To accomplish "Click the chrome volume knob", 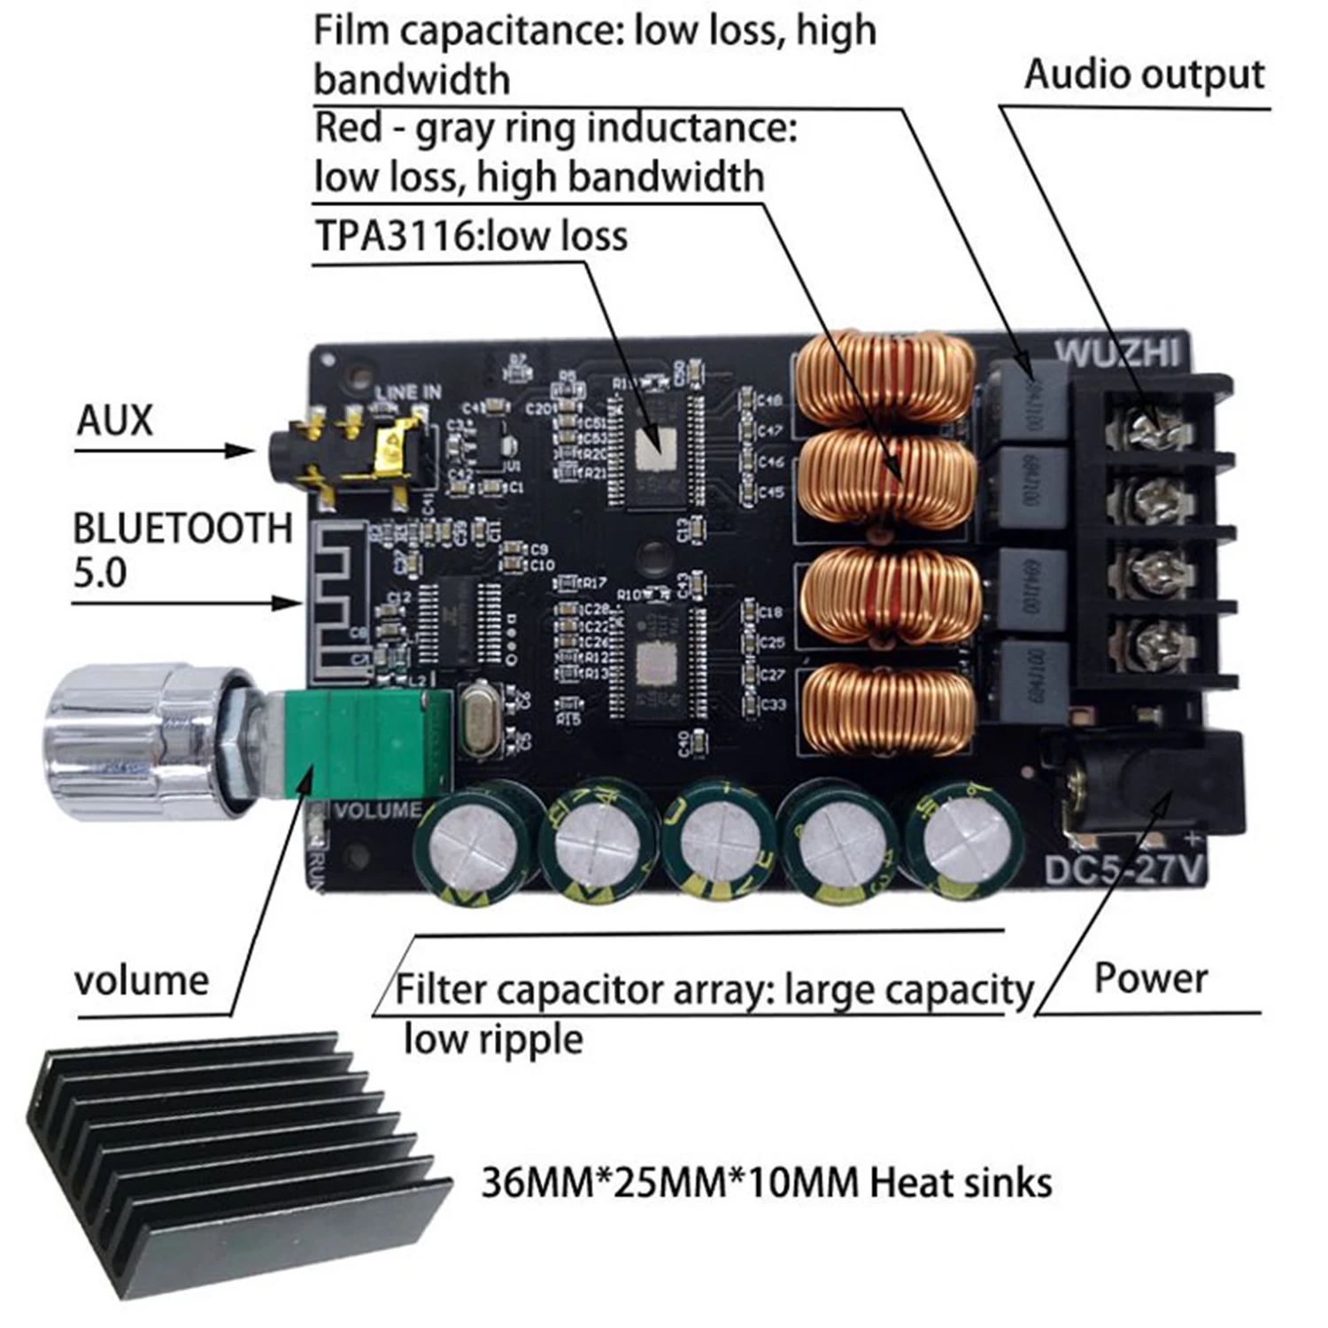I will tap(133, 744).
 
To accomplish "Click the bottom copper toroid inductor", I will tap(890, 708).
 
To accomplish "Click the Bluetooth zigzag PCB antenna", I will tap(341, 602).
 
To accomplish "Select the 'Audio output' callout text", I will tap(1144, 74).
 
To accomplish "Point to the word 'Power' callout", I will tap(1150, 978).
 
